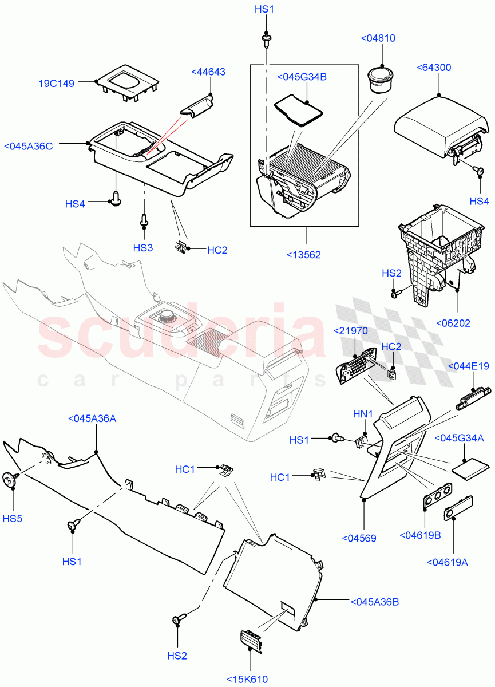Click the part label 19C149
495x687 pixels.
[57, 84]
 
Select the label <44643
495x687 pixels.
[208, 72]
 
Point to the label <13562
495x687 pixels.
[303, 254]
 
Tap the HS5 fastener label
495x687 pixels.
[12, 519]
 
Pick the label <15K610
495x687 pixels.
[246, 679]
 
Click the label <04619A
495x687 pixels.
[447, 562]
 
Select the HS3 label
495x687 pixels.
[143, 247]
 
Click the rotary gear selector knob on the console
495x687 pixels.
[167, 313]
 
